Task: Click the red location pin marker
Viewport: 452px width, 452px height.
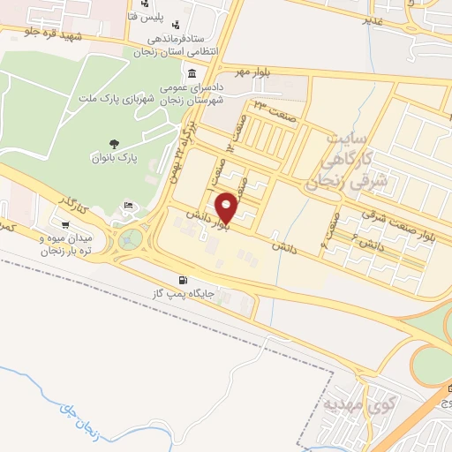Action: pos(227,207)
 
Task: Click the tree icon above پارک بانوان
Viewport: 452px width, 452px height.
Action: pos(114,144)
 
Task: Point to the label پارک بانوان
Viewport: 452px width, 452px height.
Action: pos(114,158)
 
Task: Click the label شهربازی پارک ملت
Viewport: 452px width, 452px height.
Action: pos(121,100)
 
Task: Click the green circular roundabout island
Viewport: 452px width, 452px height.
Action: pos(132,237)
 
